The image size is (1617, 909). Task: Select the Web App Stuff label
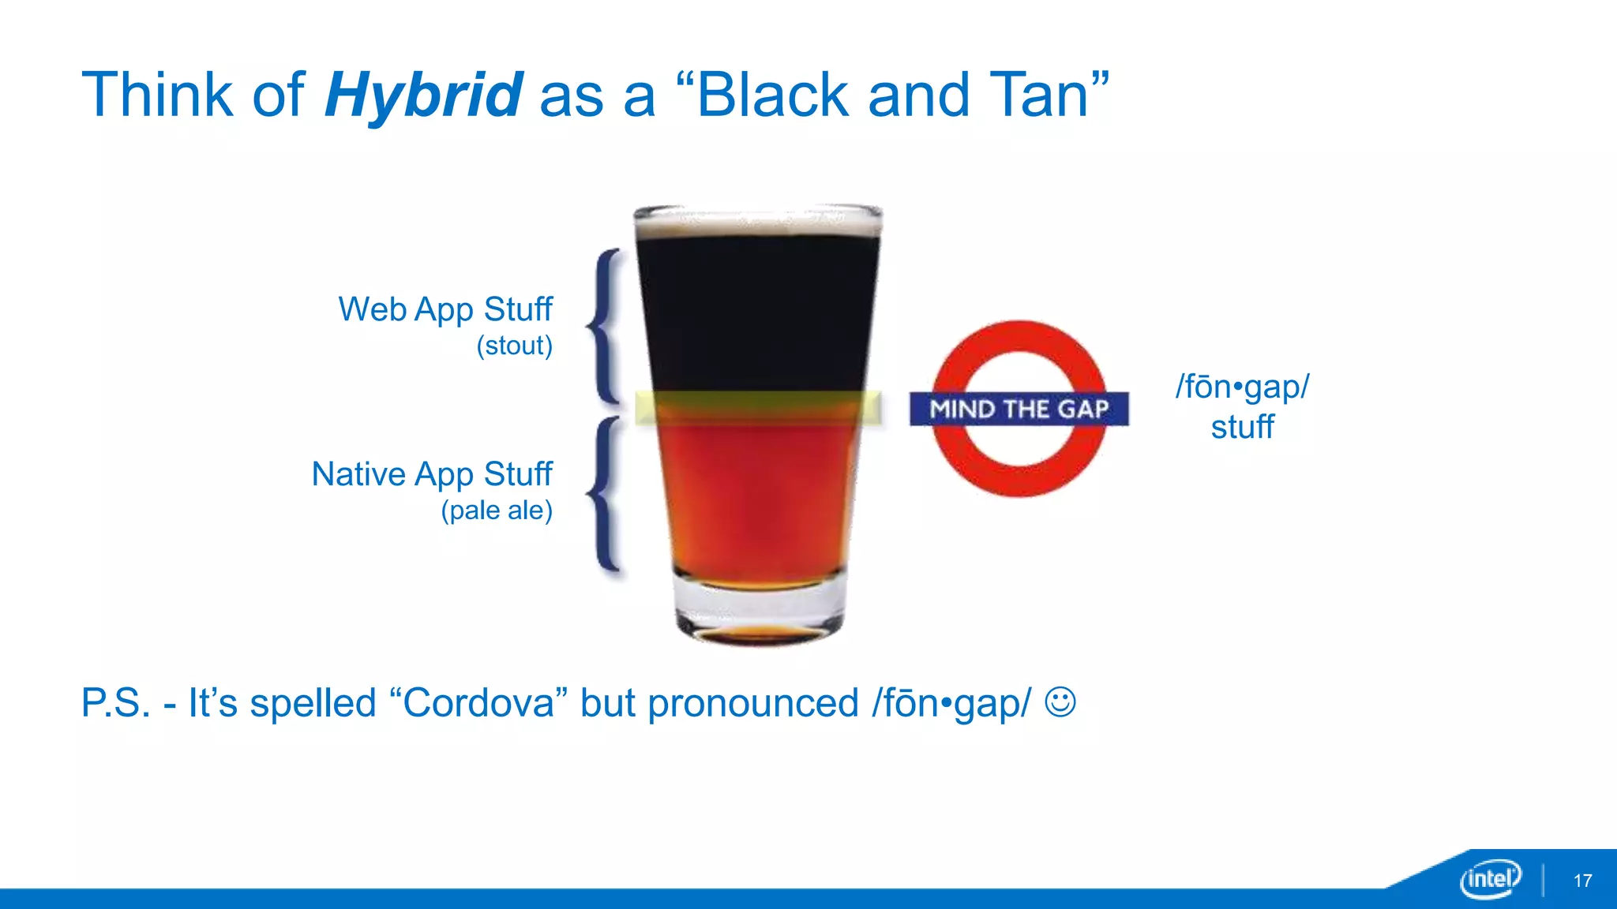point(445,309)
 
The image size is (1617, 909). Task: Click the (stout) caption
point(514,346)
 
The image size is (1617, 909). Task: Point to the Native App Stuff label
point(432,474)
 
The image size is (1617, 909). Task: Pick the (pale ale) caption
point(497,511)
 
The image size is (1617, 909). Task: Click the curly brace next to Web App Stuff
point(604,325)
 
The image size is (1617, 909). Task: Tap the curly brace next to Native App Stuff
point(604,494)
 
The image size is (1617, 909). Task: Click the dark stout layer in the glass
point(756,316)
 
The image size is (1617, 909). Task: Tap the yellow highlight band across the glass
point(758,408)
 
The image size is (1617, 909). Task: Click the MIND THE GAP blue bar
point(1019,409)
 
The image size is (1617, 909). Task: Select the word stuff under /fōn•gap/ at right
point(1242,427)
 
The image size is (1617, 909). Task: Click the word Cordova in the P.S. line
point(478,702)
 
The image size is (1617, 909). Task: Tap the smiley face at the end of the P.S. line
point(1060,701)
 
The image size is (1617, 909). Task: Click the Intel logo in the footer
point(1490,878)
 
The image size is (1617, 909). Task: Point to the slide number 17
point(1582,881)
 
